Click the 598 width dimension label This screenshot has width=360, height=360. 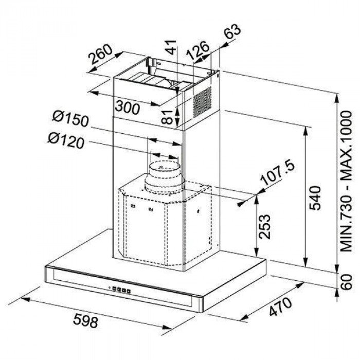[x=85, y=321]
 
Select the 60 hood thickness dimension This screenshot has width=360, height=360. [x=346, y=281]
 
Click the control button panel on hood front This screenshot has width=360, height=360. [x=119, y=290]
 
